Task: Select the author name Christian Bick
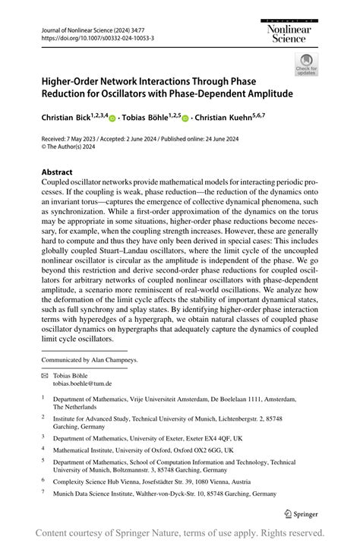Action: coord(68,119)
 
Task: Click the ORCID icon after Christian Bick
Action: coord(113,119)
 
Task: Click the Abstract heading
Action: coord(57,172)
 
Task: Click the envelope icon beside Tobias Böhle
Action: coord(45,375)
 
